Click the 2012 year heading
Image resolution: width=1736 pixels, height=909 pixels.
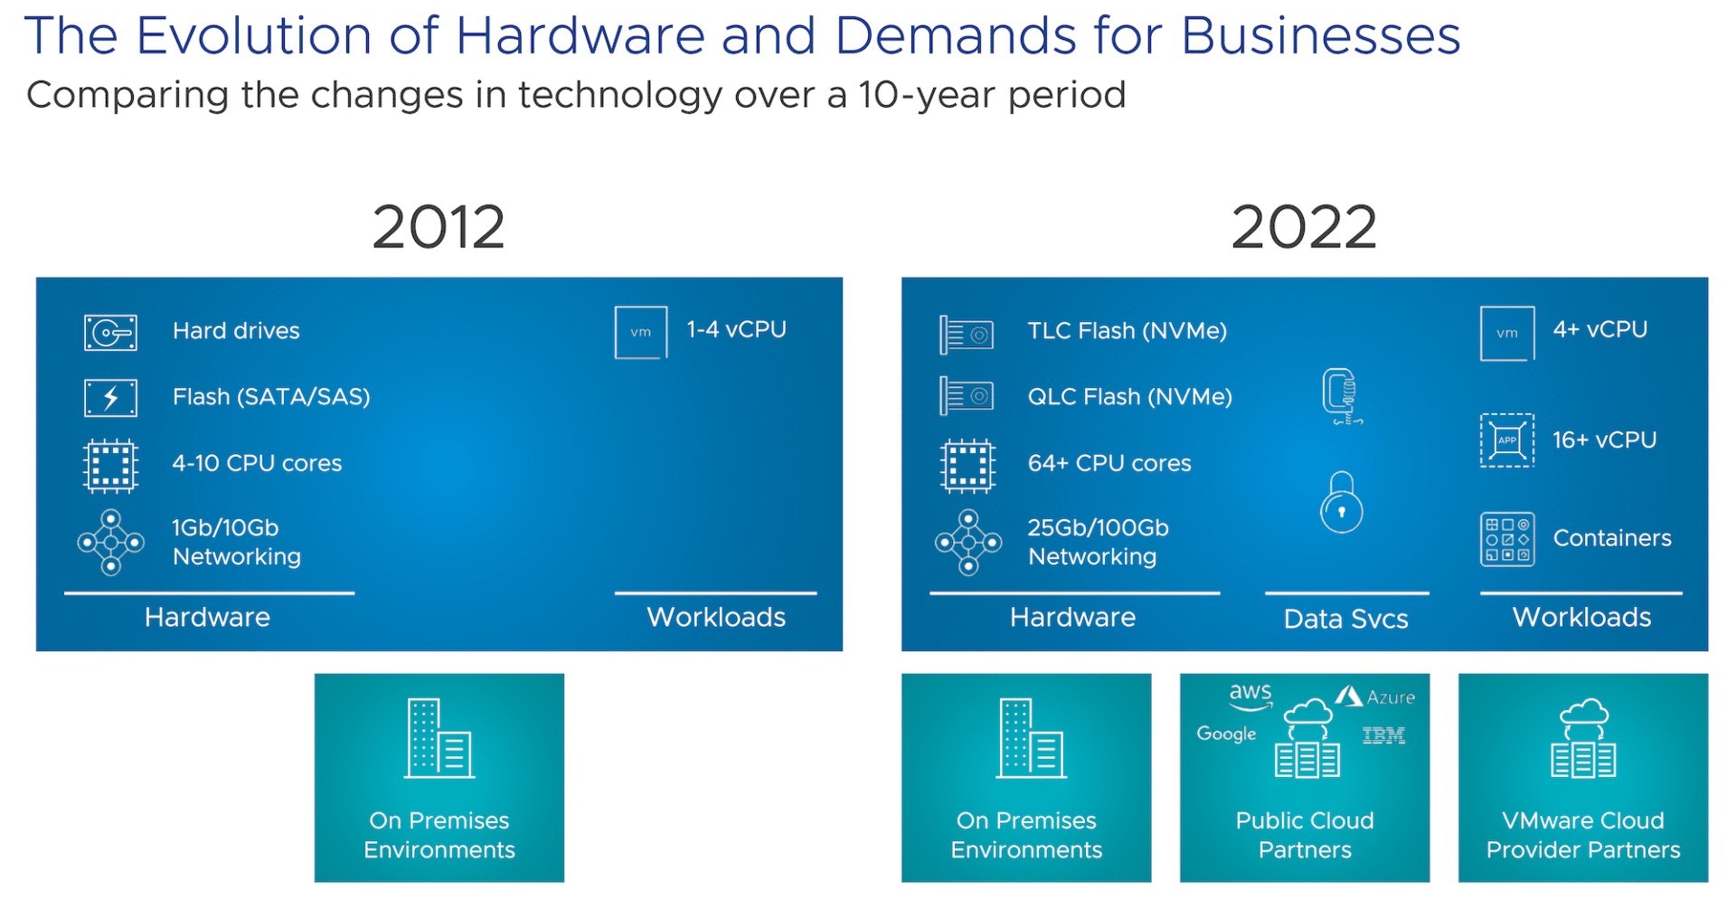[x=439, y=227]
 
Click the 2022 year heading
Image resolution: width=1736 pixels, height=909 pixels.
[x=1304, y=227]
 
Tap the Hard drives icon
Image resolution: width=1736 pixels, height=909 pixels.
[x=110, y=332]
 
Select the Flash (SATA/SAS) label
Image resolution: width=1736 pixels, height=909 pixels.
[x=271, y=397]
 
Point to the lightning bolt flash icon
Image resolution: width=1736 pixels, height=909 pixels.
[x=110, y=398]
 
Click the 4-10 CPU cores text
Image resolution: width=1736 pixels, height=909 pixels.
[x=257, y=463]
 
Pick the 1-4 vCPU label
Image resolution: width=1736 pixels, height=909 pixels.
[x=736, y=329]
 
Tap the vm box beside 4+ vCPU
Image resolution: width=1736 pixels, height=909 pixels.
[x=1507, y=333]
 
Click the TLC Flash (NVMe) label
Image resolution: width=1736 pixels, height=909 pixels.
[x=1127, y=331]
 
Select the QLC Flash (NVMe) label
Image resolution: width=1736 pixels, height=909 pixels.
[x=1130, y=397]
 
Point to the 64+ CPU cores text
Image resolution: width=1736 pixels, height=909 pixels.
[x=1109, y=463]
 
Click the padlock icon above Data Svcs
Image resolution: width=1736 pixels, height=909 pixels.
[x=1342, y=502]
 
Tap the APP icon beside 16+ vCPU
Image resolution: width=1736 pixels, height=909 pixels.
[x=1507, y=440]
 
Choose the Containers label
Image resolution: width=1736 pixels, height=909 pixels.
[x=1612, y=538]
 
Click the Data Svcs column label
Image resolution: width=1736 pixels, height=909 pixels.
[x=1346, y=619]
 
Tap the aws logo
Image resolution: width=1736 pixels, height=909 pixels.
[x=1250, y=696]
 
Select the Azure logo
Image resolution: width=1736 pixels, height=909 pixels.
[x=1375, y=696]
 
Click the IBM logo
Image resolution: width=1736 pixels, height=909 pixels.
[x=1383, y=735]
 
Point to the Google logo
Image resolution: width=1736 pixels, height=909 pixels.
[x=1226, y=734]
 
